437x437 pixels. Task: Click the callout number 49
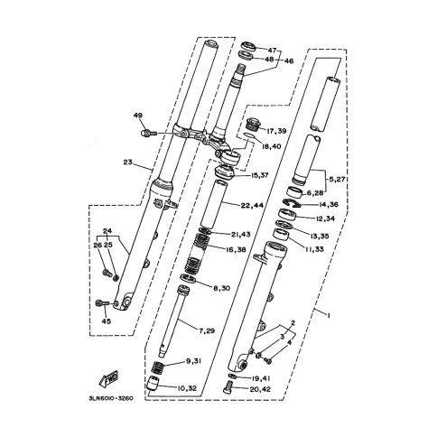138,116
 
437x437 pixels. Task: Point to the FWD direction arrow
108,377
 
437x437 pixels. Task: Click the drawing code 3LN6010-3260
112,398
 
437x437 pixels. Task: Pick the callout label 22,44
252,206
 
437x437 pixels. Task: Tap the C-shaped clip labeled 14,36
292,203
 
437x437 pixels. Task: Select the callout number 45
107,321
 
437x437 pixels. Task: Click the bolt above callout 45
103,302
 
